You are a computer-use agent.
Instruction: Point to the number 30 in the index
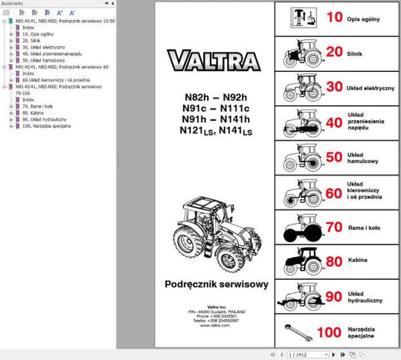(x=332, y=87)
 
